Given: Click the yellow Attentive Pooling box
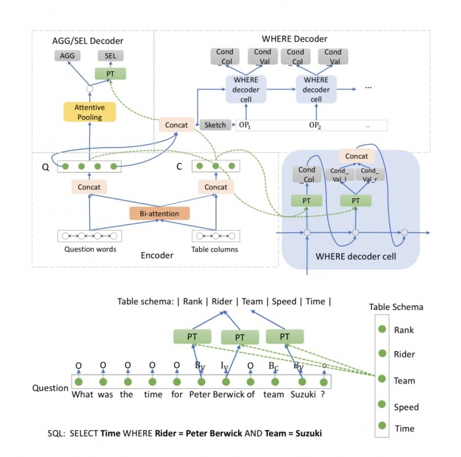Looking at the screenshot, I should [89, 112].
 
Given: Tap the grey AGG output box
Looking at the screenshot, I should [68, 55].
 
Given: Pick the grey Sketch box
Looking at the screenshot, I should [215, 125].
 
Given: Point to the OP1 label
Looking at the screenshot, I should [246, 125].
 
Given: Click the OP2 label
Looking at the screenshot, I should [315, 125].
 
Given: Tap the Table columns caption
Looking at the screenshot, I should [215, 249].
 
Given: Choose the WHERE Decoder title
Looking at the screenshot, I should [294, 39].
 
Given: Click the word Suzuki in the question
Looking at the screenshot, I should [302, 394].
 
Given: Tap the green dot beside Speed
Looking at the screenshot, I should [382, 406].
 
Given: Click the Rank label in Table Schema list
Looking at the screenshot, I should [404, 330].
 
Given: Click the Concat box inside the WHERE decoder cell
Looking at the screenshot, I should [356, 156].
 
